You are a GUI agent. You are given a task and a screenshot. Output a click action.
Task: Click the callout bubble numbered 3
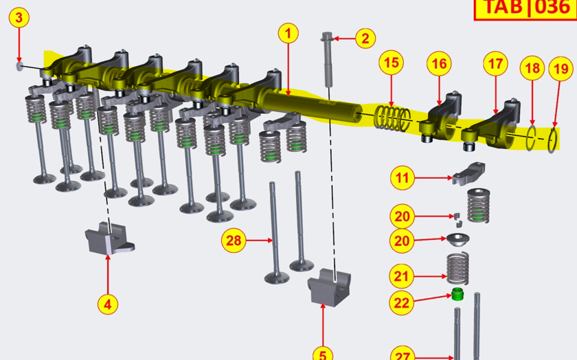[x=19, y=18]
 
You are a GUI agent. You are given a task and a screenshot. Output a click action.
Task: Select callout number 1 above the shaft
[x=288, y=34]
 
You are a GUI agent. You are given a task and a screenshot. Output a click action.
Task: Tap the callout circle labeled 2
[x=365, y=38]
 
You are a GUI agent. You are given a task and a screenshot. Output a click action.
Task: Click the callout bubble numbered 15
[x=391, y=63]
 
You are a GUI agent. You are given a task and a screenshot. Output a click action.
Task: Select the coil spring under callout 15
[x=392, y=117]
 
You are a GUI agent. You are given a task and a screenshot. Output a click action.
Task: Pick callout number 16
[x=439, y=64]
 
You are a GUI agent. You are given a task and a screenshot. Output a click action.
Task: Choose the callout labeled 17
[x=495, y=64]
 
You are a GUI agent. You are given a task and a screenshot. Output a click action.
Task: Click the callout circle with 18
[x=532, y=68]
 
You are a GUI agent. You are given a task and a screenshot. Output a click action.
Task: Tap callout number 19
[x=561, y=69]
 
